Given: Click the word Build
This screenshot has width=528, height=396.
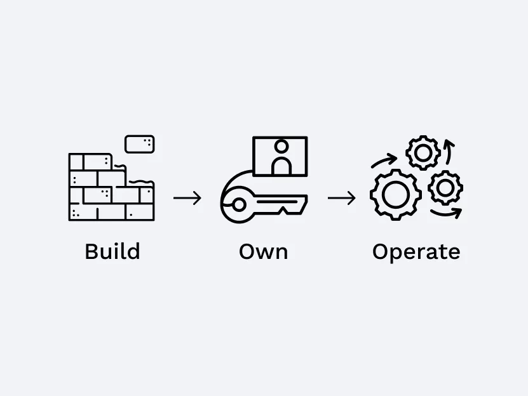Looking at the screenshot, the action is click(112, 251).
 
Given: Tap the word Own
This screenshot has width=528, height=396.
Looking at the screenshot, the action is click(263, 251).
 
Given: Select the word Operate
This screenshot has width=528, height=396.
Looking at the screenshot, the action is click(416, 253).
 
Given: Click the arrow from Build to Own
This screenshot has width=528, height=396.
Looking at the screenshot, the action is click(187, 198).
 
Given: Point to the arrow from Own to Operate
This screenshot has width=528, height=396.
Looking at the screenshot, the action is click(341, 198).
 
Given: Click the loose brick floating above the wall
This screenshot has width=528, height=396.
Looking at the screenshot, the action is click(140, 144).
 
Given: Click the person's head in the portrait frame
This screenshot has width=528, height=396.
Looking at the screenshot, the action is click(281, 147).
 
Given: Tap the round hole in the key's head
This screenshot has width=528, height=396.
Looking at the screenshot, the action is click(239, 204).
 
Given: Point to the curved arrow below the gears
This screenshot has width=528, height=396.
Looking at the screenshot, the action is click(446, 213).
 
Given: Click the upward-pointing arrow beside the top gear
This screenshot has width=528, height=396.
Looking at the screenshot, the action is click(448, 152).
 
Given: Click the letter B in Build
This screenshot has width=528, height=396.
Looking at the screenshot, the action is click(91, 251).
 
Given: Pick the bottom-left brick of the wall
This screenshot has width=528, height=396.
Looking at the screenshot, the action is click(83, 212).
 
